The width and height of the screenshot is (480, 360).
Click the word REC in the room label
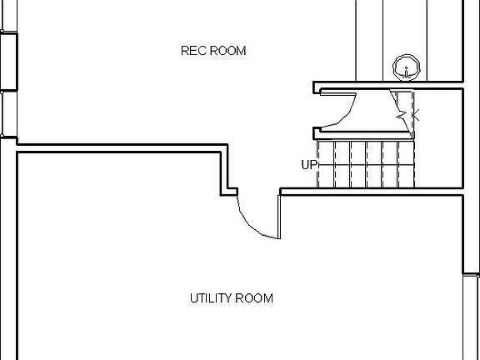pyautogui.click(x=192, y=51)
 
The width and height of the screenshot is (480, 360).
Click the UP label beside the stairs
pyautogui.click(x=308, y=165)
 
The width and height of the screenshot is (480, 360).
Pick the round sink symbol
pyautogui.click(x=406, y=67)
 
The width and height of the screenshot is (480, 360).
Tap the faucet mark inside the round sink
pyautogui.click(x=406, y=72)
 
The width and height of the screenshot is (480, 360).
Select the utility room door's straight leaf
pyautogui.click(x=279, y=216)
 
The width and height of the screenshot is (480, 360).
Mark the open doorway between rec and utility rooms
pyautogui.click(x=258, y=192)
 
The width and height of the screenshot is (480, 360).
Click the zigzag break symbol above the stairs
pyautogui.click(x=402, y=116)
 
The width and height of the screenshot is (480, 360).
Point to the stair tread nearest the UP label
pyautogui.click(x=326, y=164)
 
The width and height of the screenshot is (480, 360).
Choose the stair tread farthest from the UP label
pyautogui.click(x=406, y=164)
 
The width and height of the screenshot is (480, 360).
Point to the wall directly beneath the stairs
pyautogui.click(x=371, y=192)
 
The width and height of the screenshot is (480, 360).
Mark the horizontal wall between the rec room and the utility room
pyautogui.click(x=122, y=148)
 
